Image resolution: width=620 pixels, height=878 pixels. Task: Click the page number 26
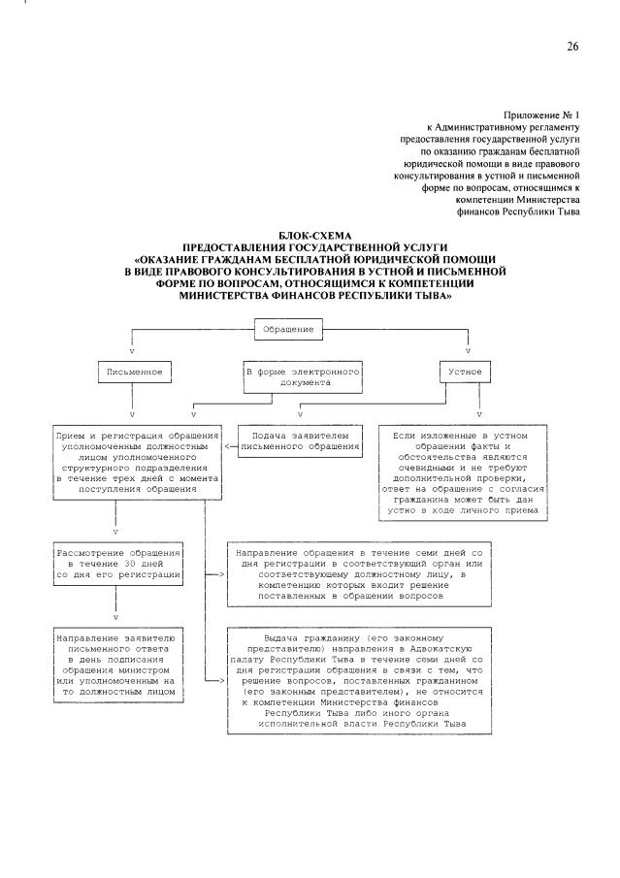click(x=572, y=47)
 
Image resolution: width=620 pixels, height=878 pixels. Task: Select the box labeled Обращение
click(x=288, y=330)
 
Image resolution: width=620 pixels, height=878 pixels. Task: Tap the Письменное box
click(x=137, y=372)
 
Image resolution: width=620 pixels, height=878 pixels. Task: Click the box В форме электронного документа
click(x=302, y=377)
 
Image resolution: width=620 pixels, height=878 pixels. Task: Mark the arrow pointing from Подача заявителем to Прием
click(x=230, y=447)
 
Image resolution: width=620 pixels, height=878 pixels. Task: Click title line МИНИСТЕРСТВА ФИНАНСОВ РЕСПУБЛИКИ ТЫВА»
click(x=314, y=299)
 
